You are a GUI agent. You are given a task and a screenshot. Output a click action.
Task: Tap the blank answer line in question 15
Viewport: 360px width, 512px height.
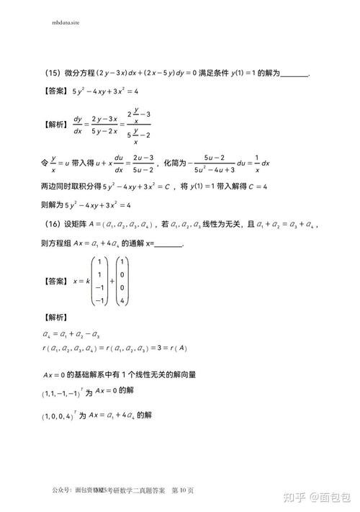tap(294, 74)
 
